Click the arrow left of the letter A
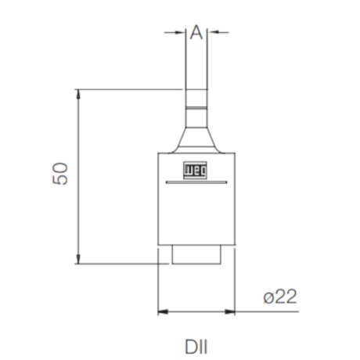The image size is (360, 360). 181,32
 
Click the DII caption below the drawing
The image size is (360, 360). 196,344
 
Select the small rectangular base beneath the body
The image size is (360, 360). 196,255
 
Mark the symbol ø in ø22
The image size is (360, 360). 268,297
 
